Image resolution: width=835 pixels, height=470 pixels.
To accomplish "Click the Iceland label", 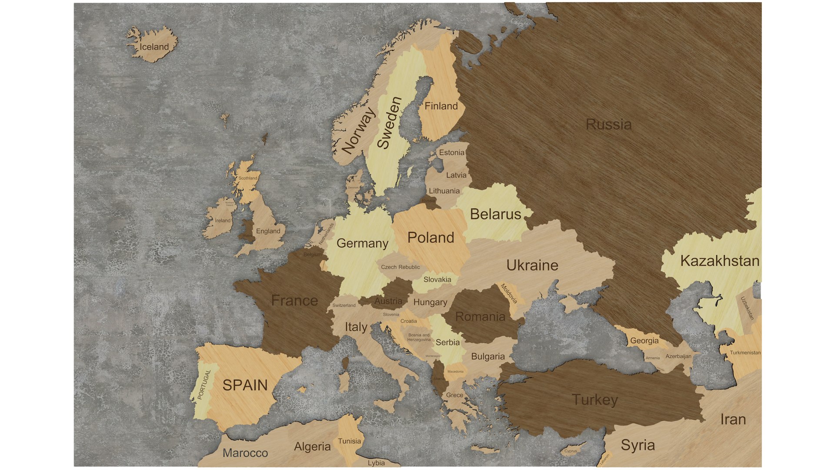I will tap(154, 47).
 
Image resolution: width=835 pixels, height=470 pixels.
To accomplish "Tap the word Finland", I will tap(441, 106).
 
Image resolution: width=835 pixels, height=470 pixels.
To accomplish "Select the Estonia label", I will tap(451, 153).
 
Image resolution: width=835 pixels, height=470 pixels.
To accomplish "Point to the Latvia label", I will tap(456, 175).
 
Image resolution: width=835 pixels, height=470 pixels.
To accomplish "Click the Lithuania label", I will tap(444, 191).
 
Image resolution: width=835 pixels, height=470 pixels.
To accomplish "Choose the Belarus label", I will tap(495, 215).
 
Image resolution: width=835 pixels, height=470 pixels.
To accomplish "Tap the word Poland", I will tap(431, 238).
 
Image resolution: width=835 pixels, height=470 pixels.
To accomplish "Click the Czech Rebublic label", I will tap(400, 267).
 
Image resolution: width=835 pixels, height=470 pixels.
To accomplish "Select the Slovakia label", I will tap(437, 280).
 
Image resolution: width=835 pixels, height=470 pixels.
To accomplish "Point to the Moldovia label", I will tap(509, 294).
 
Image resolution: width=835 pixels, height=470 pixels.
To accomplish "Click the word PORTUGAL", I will tap(204, 385).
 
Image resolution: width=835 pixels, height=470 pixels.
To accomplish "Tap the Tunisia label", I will tap(349, 441).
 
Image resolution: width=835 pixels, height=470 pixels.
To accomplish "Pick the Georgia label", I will tap(644, 341).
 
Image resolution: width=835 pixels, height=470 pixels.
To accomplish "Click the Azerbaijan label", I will tap(678, 356).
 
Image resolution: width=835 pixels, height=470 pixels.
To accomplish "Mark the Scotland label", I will tap(247, 178).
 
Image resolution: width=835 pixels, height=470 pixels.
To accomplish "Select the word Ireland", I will tap(222, 221).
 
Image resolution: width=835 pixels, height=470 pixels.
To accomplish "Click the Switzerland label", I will tap(344, 305).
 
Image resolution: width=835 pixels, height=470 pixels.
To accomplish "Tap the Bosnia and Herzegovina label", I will tap(418, 337).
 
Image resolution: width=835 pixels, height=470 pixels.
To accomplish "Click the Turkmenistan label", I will tap(745, 353).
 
